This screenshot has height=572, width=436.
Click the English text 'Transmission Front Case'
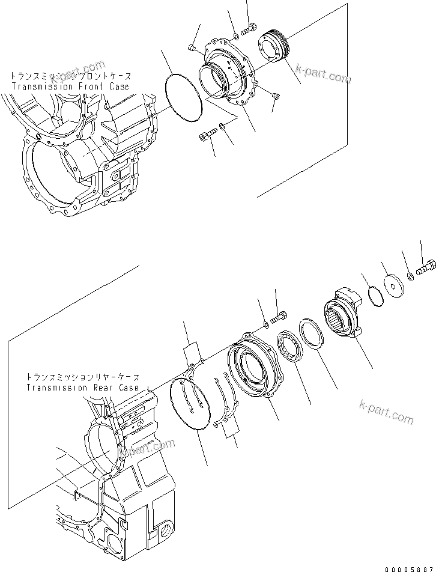click(70, 87)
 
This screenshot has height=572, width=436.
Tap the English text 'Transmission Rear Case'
click(82, 388)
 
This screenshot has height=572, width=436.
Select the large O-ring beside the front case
click(183, 98)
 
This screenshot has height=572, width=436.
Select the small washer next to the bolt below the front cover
click(222, 126)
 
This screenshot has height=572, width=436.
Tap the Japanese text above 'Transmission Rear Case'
click(82, 377)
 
